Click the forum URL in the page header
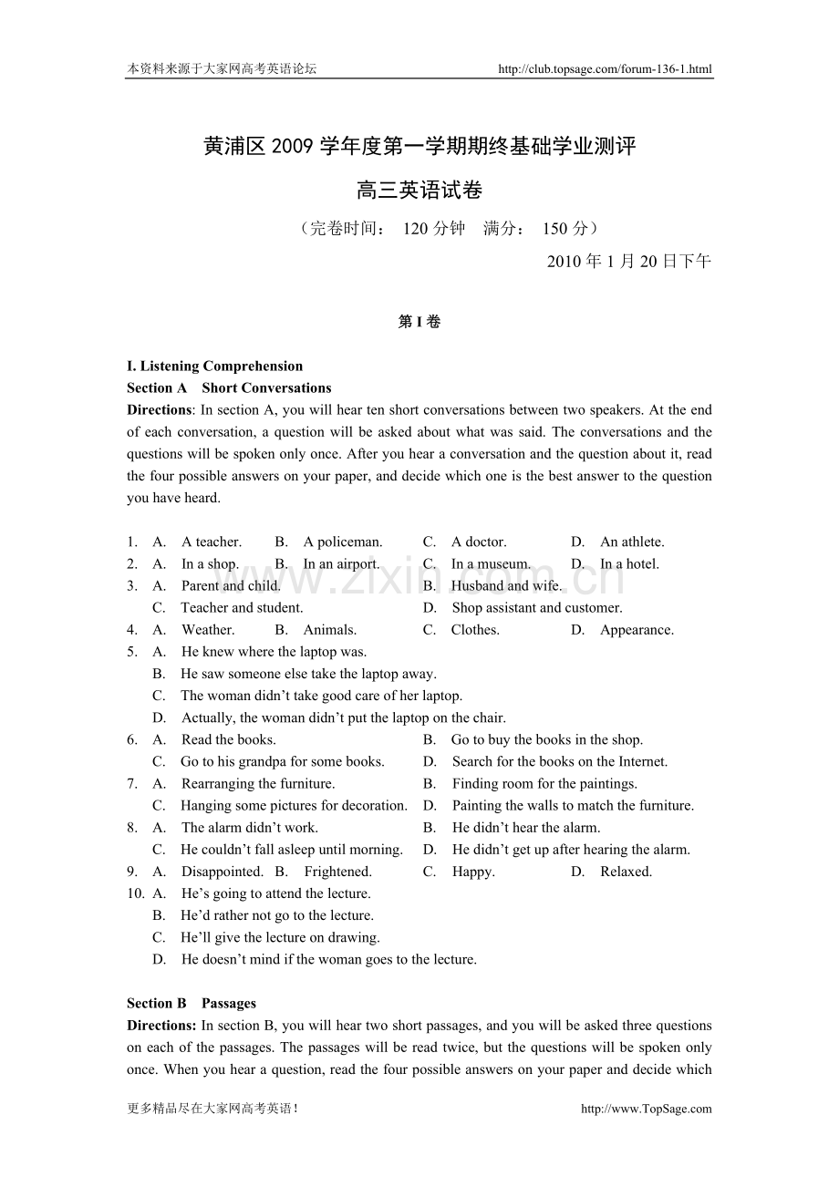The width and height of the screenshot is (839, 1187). pos(605,68)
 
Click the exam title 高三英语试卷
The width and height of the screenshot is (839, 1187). pos(419,191)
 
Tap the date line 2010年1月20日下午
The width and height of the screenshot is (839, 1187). pos(628,262)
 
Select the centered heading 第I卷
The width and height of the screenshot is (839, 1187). pos(419,322)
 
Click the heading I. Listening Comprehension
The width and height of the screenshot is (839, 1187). pos(214,366)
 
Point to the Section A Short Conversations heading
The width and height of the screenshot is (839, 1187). pos(229,388)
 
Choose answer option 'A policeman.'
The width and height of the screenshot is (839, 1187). pos(343,542)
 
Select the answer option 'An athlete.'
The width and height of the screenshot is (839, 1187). pos(632,542)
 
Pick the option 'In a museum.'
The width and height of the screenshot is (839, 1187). pos(491,563)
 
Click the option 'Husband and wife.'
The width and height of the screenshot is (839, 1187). pos(507,585)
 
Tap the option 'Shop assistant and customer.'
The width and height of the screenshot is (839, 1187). pos(537,607)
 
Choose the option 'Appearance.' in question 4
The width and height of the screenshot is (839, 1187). pos(637,630)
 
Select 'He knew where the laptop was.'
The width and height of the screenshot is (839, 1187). pos(274,652)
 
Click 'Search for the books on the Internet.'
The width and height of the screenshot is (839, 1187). pos(560,761)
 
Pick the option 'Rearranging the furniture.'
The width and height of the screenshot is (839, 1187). pos(258,783)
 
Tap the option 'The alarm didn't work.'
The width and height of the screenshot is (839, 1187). pos(250,828)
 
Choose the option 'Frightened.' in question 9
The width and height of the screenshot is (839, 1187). pos(337,872)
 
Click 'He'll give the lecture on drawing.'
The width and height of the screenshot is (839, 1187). pos(280,937)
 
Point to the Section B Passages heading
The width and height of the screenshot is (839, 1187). pos(192,1004)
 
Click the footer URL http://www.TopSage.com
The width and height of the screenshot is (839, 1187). pos(646,1109)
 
